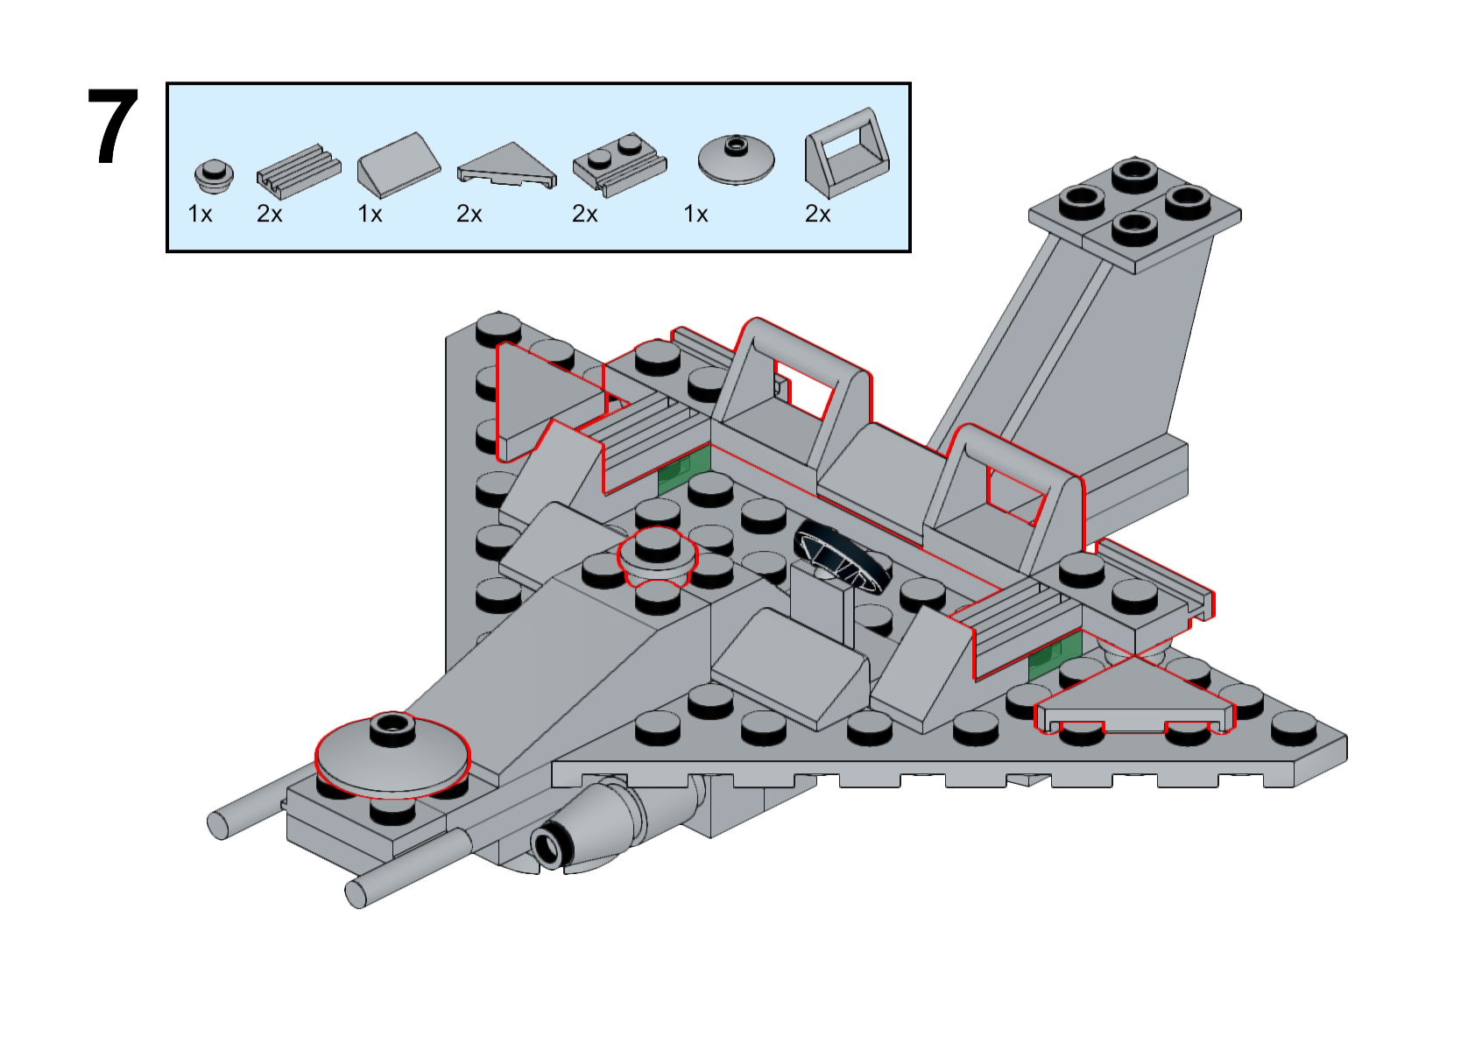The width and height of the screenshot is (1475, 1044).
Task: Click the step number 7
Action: pos(113,128)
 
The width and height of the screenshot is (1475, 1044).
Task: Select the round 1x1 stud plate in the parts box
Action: pos(214,174)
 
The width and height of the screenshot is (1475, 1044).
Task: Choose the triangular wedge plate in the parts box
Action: pos(506,166)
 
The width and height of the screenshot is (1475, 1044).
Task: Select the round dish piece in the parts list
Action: pos(736,159)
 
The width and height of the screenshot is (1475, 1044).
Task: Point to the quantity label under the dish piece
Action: pos(695,215)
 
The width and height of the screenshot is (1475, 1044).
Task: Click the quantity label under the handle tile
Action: pos(817,215)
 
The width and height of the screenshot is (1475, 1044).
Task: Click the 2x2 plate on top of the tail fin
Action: pos(1134,212)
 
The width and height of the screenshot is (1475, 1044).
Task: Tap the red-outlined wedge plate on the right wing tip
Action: pos(1134,701)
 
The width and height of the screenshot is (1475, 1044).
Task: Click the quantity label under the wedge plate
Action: pos(469,215)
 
